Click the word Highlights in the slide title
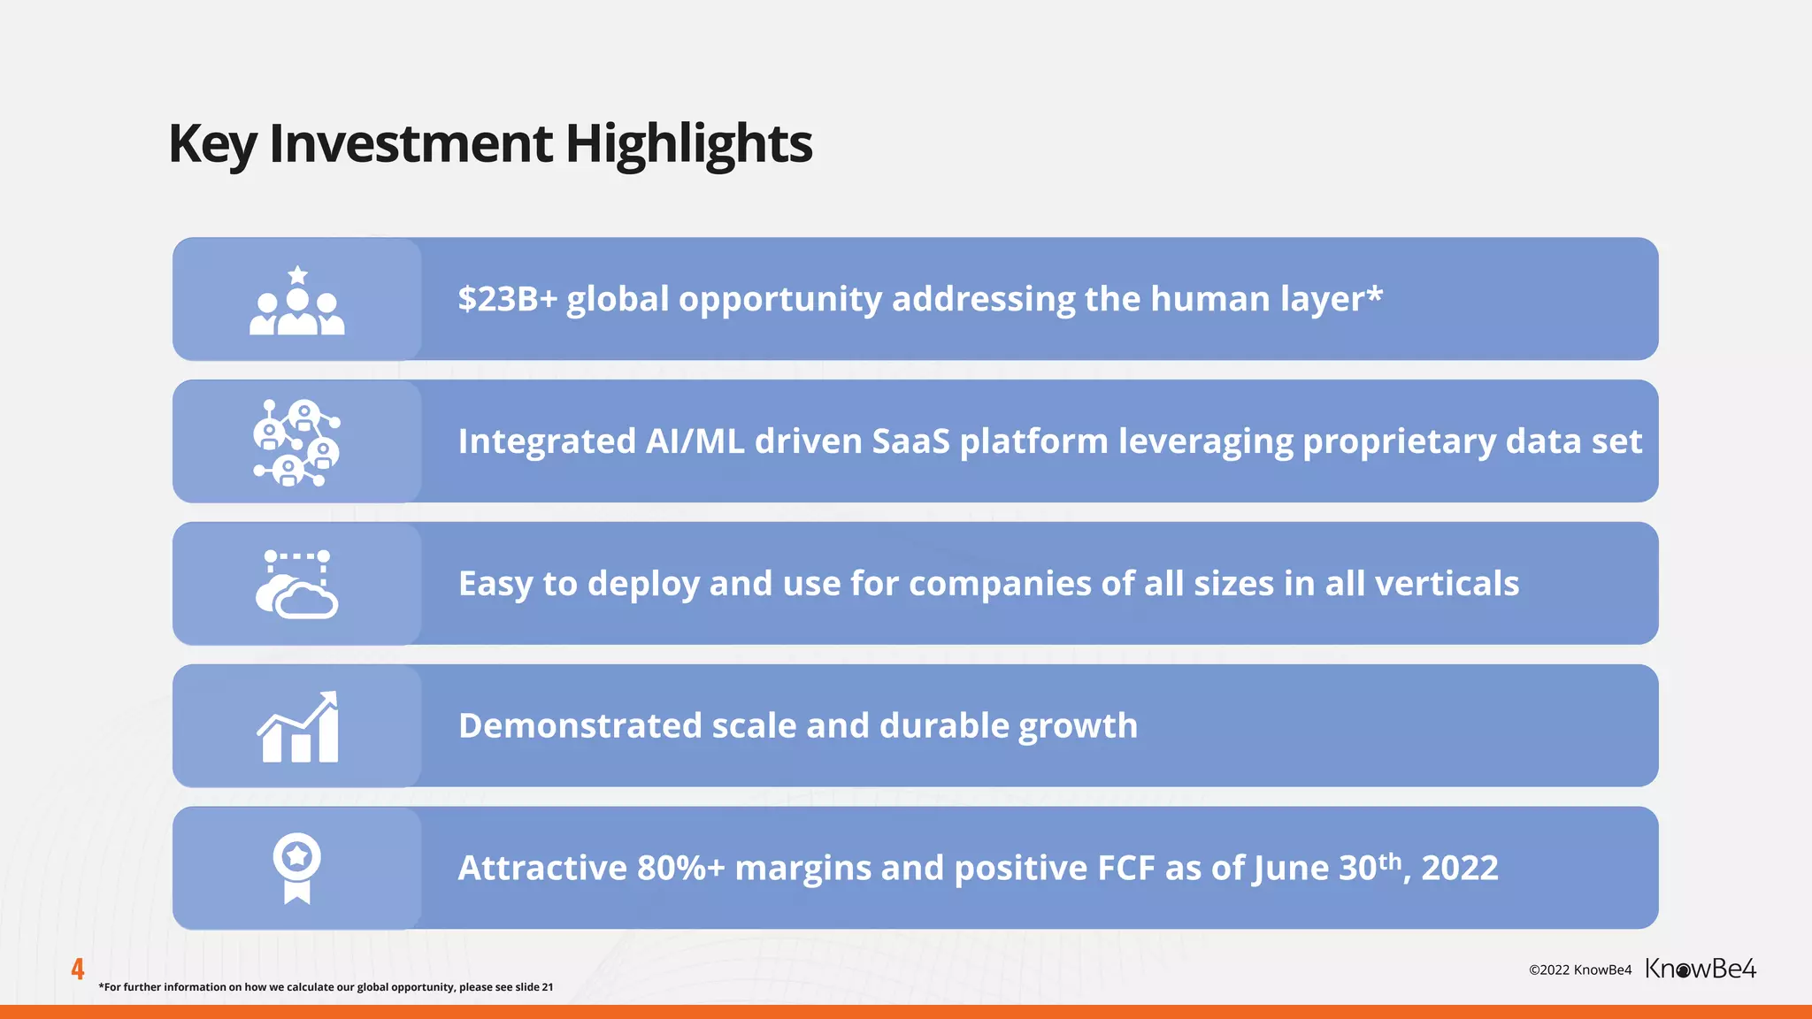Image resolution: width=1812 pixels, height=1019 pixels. coord(688,144)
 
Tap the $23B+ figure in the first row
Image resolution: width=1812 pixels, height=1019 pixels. coord(507,299)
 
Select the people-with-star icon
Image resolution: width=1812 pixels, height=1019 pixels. coord(297,301)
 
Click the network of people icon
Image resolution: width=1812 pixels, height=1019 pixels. coord(297,442)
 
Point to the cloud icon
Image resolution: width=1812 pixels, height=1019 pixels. coord(297,586)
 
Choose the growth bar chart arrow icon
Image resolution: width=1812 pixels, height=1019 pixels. coord(298,727)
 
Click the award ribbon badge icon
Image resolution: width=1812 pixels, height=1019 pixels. coord(297,868)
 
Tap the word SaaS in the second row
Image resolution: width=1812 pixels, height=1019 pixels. coord(910,441)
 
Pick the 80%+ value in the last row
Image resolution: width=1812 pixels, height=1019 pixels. coord(680,869)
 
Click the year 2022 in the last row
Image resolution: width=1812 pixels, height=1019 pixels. coord(1460,869)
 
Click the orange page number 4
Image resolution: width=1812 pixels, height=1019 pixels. coord(78,969)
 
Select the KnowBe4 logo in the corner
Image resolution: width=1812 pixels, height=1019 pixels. coord(1701,969)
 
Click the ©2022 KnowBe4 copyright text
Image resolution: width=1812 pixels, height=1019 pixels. coord(1580,970)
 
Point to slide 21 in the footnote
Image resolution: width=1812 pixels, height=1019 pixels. coord(534,987)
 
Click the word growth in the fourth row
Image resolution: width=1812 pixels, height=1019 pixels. coord(1078,727)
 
